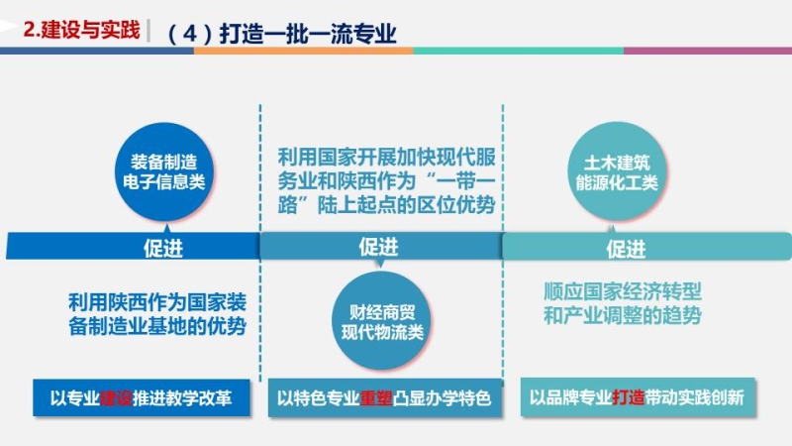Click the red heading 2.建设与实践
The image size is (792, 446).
[x=81, y=30]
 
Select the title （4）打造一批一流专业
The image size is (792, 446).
[x=281, y=34]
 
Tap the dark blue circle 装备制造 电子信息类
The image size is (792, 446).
[x=164, y=171]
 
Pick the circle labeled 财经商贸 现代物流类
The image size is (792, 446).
[x=382, y=321]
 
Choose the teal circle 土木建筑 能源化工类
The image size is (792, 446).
[x=617, y=171]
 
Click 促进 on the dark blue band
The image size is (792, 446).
[x=163, y=249]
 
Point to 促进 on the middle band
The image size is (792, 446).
[x=379, y=247]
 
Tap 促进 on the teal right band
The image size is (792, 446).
[x=626, y=249]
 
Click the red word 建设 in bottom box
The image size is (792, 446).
[x=116, y=398]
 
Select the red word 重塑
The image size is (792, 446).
[x=376, y=398]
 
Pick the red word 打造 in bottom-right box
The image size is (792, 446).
[x=629, y=397]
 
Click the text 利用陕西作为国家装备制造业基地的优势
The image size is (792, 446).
[x=157, y=314]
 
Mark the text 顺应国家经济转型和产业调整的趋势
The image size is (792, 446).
[x=623, y=303]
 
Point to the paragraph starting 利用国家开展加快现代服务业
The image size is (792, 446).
[x=386, y=181]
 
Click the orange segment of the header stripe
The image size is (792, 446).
[x=304, y=51]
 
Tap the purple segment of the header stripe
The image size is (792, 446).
[x=708, y=51]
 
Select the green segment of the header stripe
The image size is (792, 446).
[x=518, y=51]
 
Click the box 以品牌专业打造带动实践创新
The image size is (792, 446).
[x=638, y=397]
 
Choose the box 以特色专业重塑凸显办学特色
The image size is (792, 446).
[x=385, y=398]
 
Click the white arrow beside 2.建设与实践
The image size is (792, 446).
[x=9, y=26]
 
